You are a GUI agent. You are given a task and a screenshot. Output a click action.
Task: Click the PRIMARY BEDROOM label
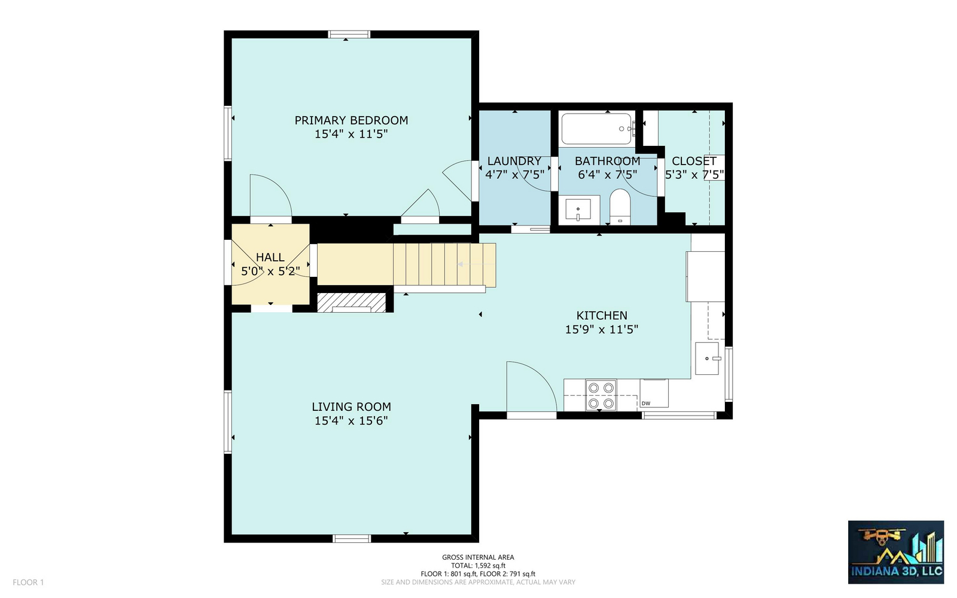click(351, 120)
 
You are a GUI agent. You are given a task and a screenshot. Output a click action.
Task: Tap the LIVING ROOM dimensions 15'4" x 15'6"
click(351, 421)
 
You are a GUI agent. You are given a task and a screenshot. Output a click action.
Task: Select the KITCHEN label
click(602, 316)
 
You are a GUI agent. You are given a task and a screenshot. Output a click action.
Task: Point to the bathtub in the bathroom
click(597, 129)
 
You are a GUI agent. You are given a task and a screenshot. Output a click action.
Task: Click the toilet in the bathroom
click(620, 207)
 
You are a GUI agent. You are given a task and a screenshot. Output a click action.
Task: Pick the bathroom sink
click(578, 209)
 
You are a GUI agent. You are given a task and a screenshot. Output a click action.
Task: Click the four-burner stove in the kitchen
click(601, 395)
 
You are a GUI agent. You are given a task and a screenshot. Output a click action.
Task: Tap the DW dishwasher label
click(646, 404)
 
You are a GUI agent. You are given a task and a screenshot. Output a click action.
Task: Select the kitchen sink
click(708, 358)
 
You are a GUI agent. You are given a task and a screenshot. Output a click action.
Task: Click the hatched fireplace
click(352, 303)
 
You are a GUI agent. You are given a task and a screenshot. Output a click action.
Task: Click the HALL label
click(270, 257)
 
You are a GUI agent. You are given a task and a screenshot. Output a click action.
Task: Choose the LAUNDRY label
click(514, 161)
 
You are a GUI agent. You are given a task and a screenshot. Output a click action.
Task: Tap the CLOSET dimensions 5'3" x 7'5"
click(694, 175)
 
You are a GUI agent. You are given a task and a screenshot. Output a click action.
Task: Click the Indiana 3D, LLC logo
click(896, 552)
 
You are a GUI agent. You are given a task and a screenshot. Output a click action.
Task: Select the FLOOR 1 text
click(28, 582)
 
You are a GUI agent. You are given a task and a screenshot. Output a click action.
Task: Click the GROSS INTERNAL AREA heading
click(478, 557)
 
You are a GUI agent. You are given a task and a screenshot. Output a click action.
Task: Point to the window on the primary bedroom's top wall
click(349, 34)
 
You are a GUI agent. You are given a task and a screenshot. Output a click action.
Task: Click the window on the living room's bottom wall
click(352, 539)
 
